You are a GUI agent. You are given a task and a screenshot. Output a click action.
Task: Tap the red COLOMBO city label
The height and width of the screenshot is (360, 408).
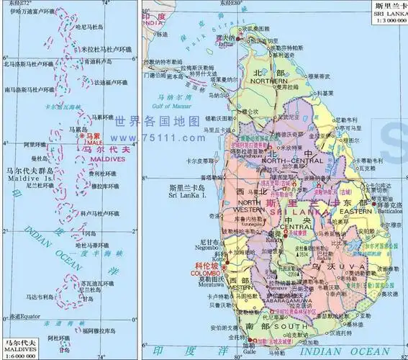click(x=206, y=274)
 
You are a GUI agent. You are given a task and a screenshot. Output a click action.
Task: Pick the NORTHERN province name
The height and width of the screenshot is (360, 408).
click(x=270, y=81)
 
